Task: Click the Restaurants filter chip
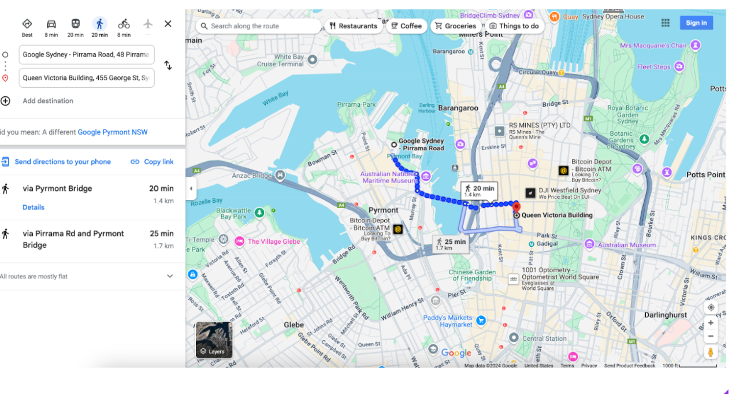click(x=353, y=26)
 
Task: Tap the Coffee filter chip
click(x=406, y=26)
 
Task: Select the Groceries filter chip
click(x=456, y=26)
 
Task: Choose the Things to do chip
click(x=514, y=26)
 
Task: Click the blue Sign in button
click(x=696, y=23)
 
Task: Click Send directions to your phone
click(x=62, y=162)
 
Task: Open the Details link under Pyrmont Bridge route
click(x=34, y=207)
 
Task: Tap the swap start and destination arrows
click(x=168, y=65)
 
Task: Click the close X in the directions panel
click(x=168, y=24)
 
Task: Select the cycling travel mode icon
click(x=124, y=24)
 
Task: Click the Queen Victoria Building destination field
click(x=87, y=78)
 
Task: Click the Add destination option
click(x=47, y=101)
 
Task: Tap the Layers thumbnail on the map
click(x=214, y=340)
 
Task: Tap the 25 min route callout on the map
click(x=451, y=244)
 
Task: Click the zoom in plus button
click(x=711, y=323)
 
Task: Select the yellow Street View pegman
click(x=711, y=352)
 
